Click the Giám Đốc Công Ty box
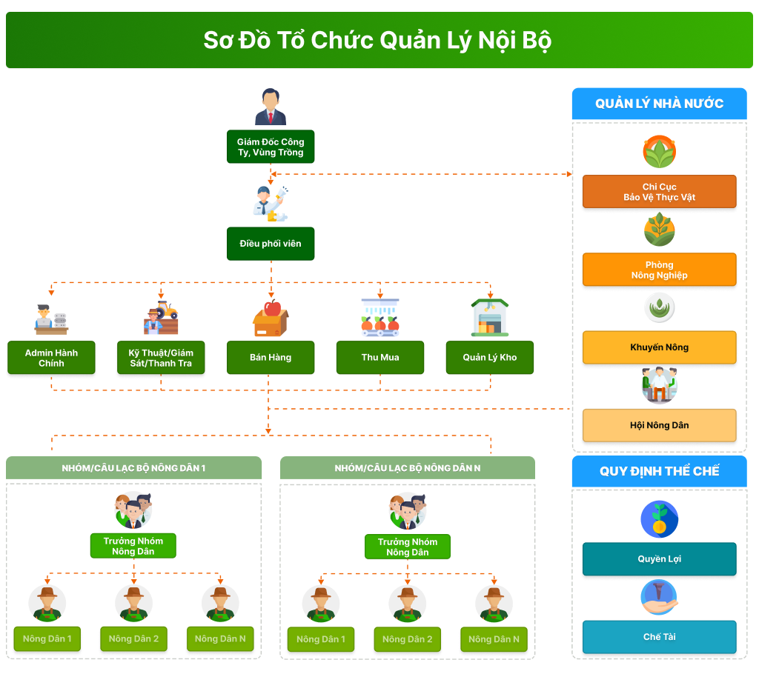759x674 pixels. pyautogui.click(x=271, y=147)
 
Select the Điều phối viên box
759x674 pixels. pyautogui.click(x=271, y=244)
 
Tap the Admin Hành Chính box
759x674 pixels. pyautogui.click(x=51, y=358)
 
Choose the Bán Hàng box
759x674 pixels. pyautogui.click(x=271, y=358)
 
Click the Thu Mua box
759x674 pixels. pyautogui.click(x=380, y=358)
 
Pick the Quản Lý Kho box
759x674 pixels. pyautogui.click(x=489, y=358)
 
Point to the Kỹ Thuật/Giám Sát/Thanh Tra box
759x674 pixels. pyautogui.click(x=161, y=358)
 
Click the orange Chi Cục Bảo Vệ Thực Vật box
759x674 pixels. pyautogui.click(x=659, y=192)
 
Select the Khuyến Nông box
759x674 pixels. pyautogui.click(x=659, y=347)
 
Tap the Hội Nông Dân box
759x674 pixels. pyautogui.click(x=659, y=425)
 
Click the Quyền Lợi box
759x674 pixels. pyautogui.click(x=659, y=559)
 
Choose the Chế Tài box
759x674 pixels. pyautogui.click(x=659, y=637)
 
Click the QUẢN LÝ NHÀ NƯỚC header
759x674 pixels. pyautogui.click(x=659, y=104)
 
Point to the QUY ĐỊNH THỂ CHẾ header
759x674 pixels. pyautogui.click(x=659, y=471)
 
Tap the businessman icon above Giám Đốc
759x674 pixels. pyautogui.click(x=271, y=107)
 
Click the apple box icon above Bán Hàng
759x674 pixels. pyautogui.click(x=271, y=318)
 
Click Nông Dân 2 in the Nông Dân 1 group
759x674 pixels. pyautogui.click(x=133, y=638)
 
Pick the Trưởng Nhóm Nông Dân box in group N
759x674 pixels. pyautogui.click(x=408, y=547)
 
